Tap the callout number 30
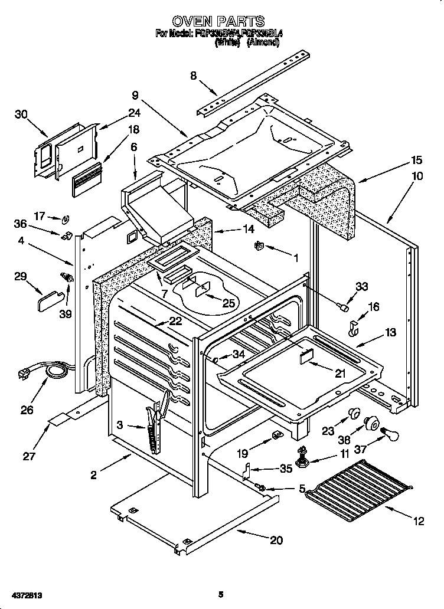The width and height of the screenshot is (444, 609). coord(21,114)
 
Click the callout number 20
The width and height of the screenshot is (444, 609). coord(276,539)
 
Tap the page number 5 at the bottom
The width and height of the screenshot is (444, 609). coord(220,595)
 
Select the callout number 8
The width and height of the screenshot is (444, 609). coord(193,75)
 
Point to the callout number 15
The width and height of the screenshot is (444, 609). coord(417,160)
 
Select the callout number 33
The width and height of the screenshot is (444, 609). coord(361,286)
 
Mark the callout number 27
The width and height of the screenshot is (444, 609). coord(28,456)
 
